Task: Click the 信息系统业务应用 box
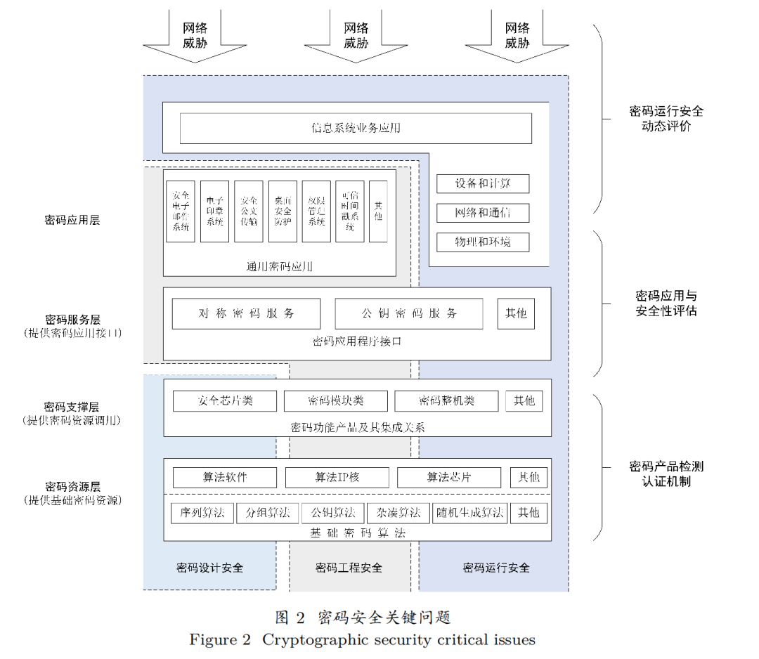coord(356,128)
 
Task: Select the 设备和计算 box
coord(482,183)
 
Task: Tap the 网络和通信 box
coord(482,212)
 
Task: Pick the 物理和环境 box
coord(482,242)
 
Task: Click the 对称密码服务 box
coord(246,313)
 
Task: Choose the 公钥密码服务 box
coord(409,313)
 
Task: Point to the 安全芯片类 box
coord(225,400)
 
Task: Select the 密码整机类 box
coord(446,400)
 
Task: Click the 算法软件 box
coord(225,477)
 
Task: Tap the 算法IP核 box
coord(337,477)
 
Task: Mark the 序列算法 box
coord(202,512)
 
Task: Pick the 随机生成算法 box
coord(469,512)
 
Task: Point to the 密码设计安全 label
coord(209,567)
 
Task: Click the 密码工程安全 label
coord(349,567)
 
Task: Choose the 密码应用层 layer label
coord(72,220)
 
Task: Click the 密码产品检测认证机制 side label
coord(666,474)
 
